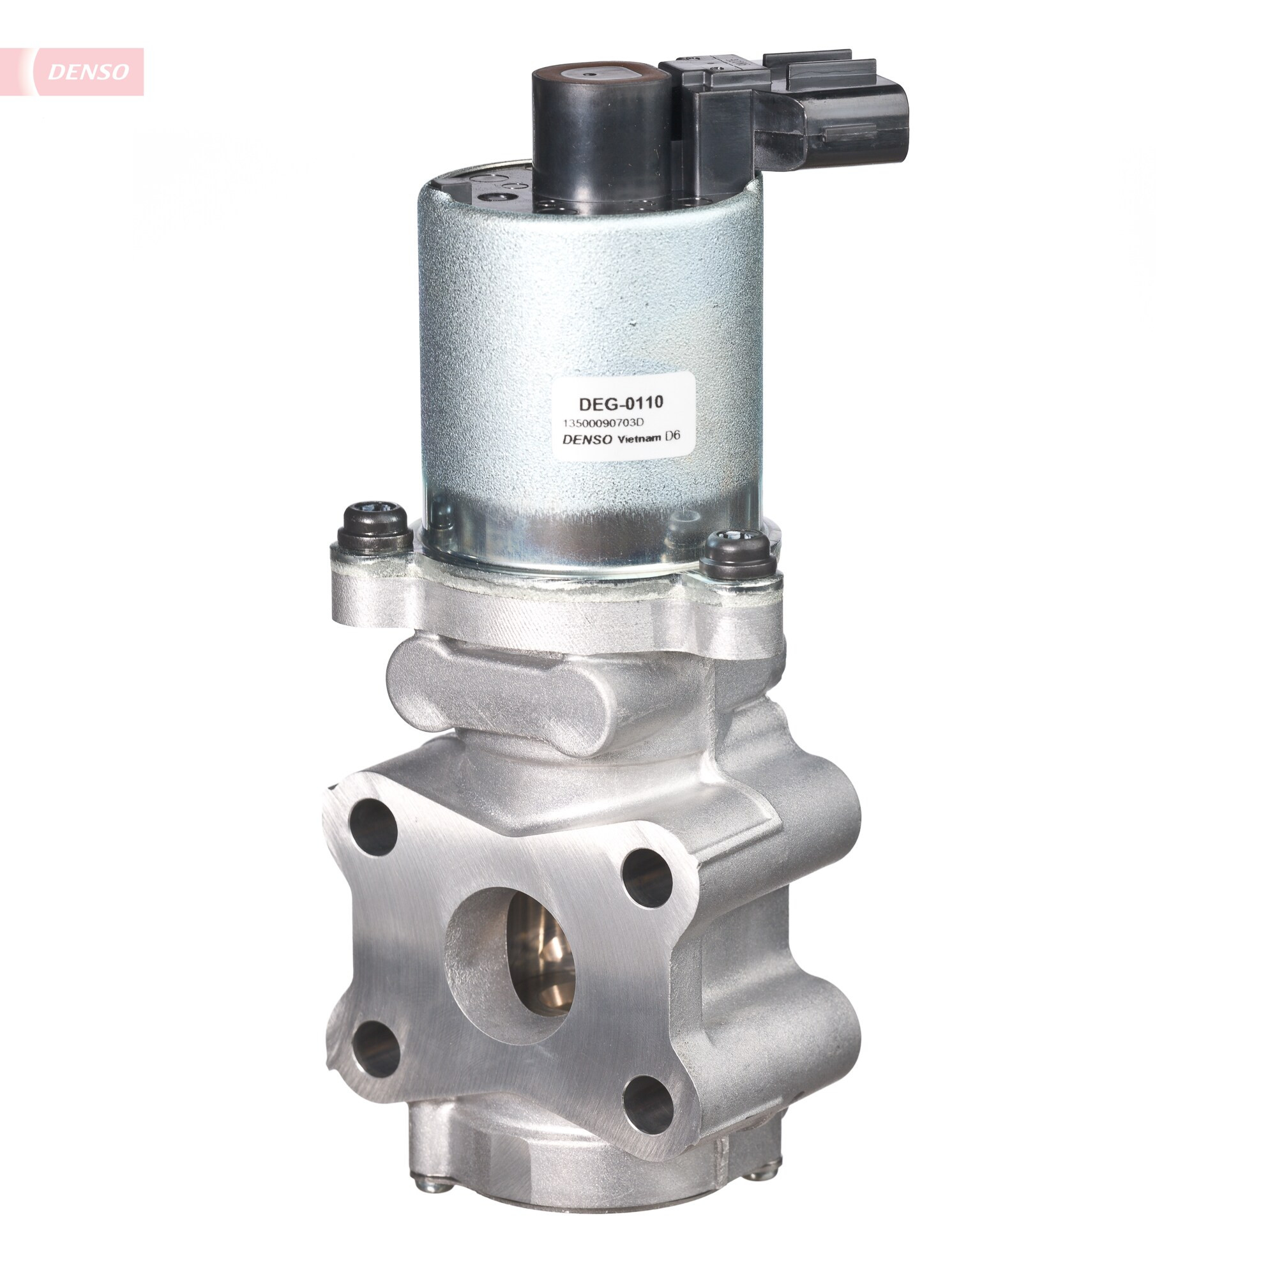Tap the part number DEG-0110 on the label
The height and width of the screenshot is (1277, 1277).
click(x=621, y=402)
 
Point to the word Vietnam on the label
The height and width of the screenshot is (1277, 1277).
click(x=638, y=438)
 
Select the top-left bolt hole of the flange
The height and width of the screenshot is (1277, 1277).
click(x=373, y=827)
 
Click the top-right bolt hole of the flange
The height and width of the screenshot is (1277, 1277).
click(x=647, y=878)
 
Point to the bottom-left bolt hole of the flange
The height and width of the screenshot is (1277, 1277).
click(x=377, y=1048)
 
